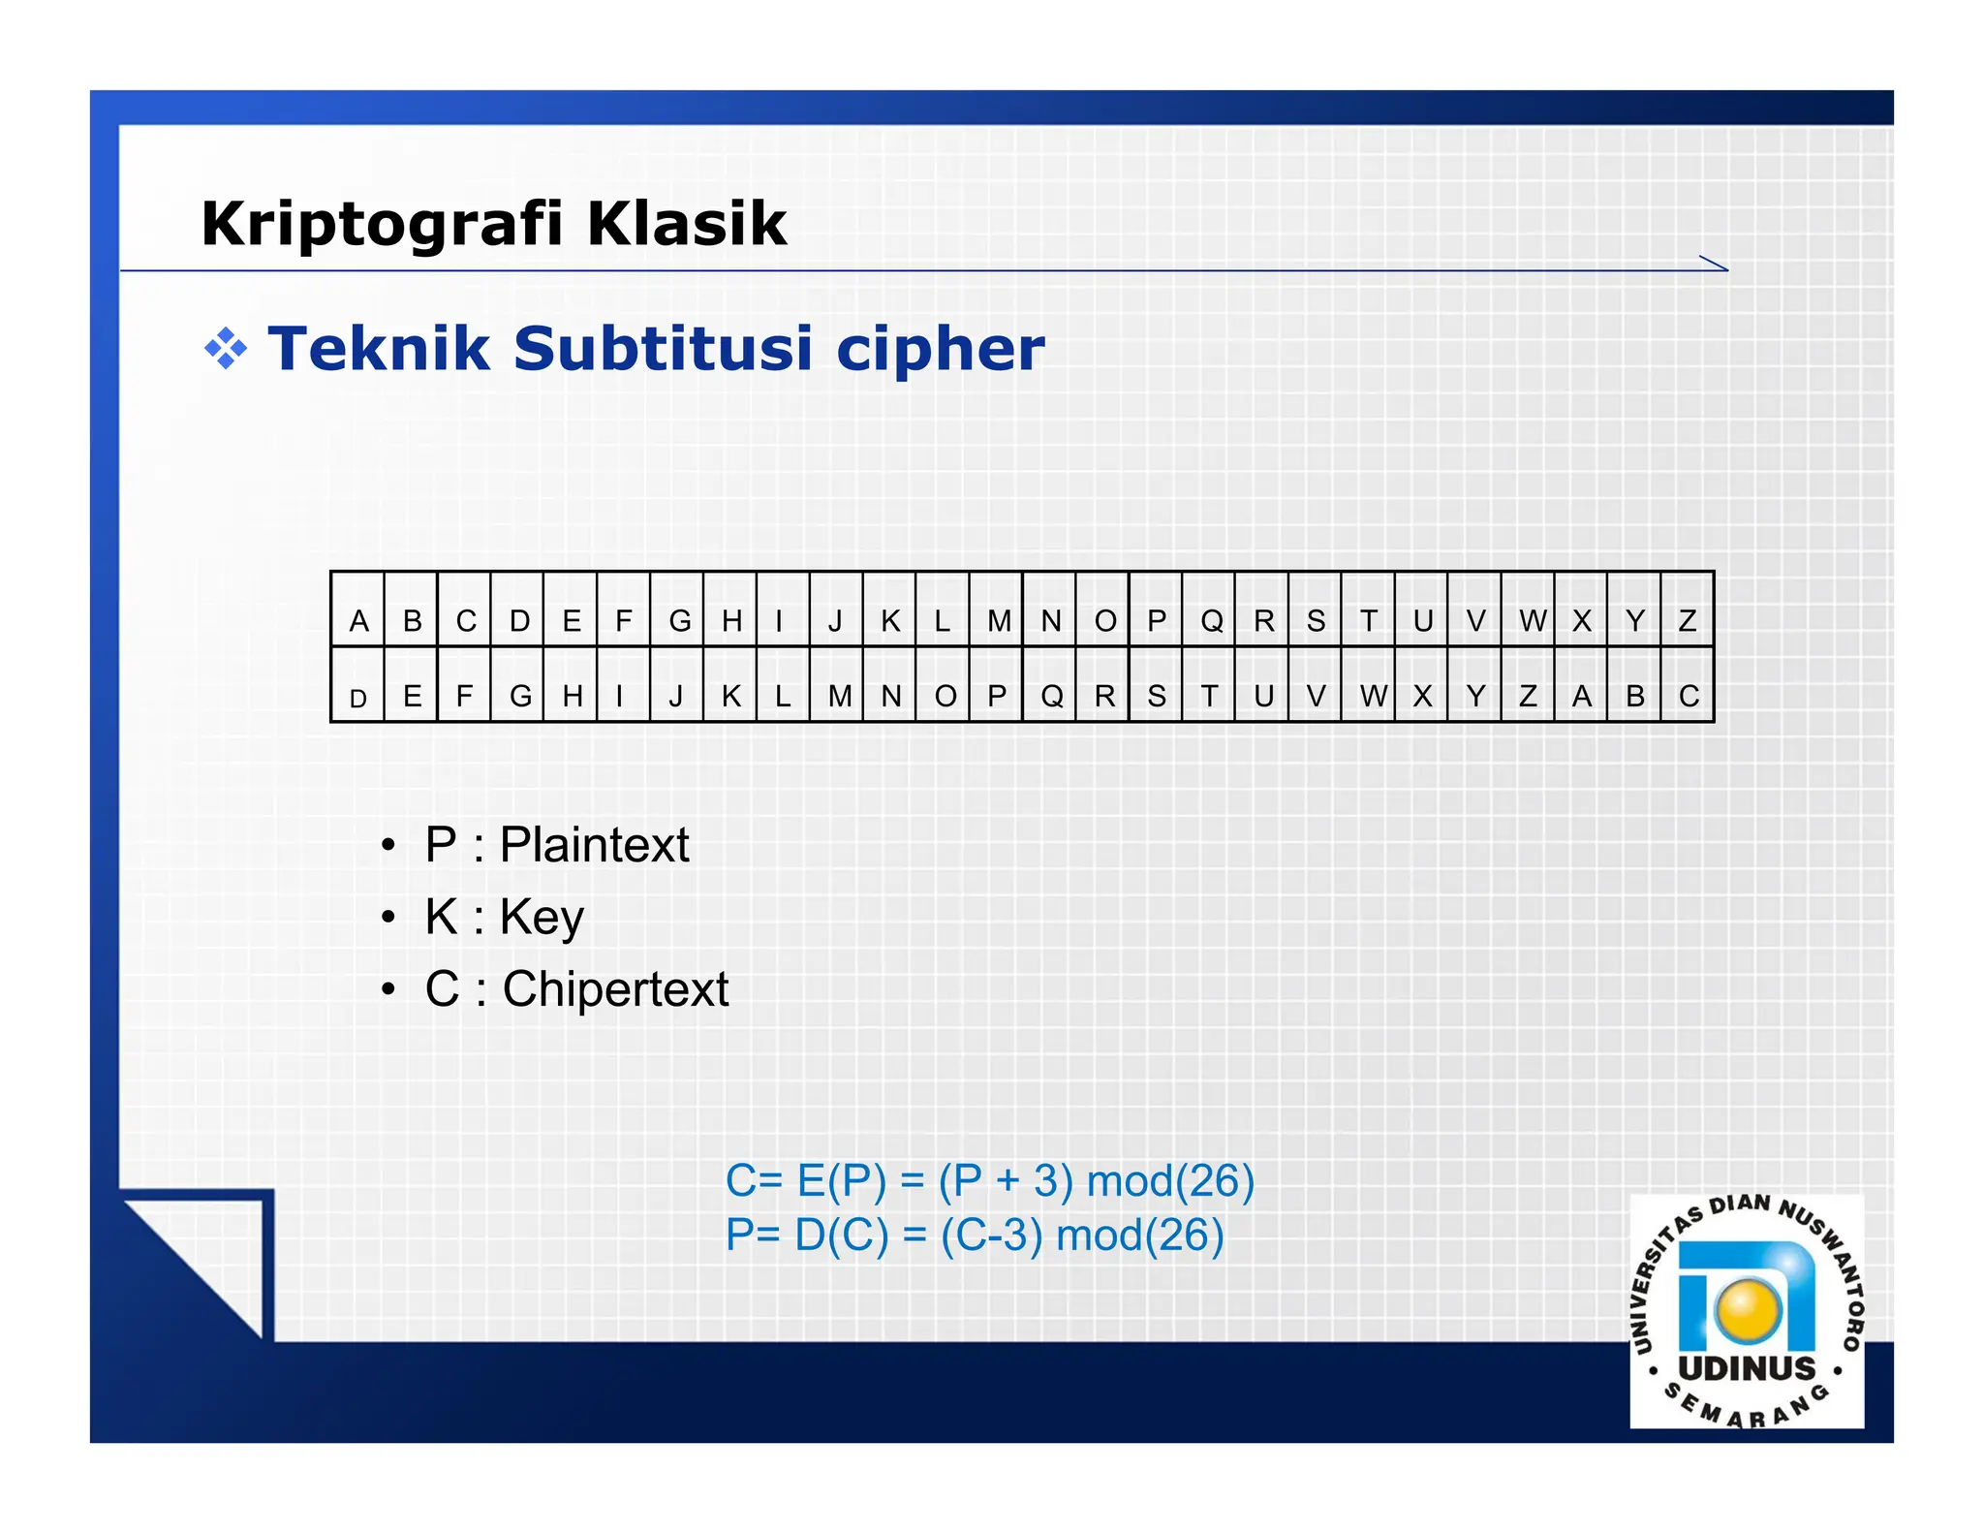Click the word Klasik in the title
tap(687, 224)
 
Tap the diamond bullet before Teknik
tap(225, 349)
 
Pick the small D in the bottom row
tap(358, 698)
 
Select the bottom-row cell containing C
tap(1689, 696)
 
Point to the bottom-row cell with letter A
tap(1581, 696)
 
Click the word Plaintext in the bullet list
tap(594, 844)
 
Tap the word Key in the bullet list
tap(542, 917)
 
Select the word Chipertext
tap(615, 989)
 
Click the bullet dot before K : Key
tap(387, 917)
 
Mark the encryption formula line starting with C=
tap(989, 1181)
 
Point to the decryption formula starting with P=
tap(975, 1236)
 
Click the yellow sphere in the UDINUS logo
tap(1748, 1309)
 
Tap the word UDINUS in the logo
tap(1747, 1368)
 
